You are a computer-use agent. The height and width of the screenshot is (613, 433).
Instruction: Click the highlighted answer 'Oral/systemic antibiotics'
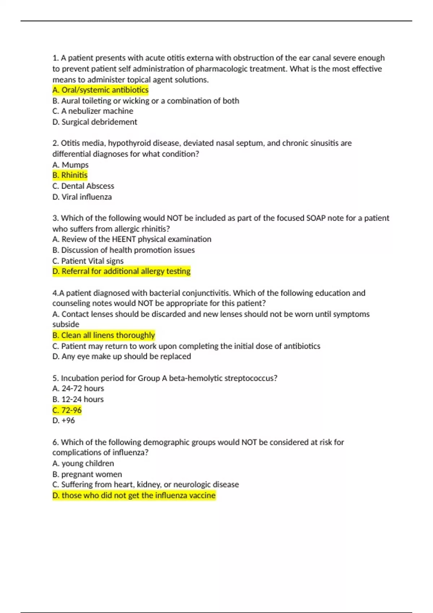(x=100, y=90)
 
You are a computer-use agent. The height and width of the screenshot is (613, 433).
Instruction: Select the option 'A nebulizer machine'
(x=93, y=111)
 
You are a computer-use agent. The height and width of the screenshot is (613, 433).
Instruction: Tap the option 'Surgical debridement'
(x=95, y=122)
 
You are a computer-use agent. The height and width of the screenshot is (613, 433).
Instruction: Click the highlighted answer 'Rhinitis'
(x=70, y=175)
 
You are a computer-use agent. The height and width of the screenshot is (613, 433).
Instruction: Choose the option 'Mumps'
(x=70, y=165)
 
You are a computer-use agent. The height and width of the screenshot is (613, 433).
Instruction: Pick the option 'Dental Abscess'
(x=83, y=186)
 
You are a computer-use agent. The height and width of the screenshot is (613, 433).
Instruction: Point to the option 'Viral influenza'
(x=82, y=197)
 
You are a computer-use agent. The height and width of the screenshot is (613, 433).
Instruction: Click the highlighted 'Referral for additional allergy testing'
(x=121, y=271)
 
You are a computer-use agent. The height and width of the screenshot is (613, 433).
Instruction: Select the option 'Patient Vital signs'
(x=88, y=261)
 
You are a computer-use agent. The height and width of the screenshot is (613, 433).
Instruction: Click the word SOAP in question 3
(x=316, y=218)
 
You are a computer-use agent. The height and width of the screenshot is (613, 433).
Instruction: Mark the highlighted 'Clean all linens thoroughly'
(x=104, y=335)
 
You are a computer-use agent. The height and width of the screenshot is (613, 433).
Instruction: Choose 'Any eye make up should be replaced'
(x=122, y=356)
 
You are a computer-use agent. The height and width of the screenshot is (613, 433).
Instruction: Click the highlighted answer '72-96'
(x=67, y=410)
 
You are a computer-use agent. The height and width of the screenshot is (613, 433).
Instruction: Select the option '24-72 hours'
(x=78, y=388)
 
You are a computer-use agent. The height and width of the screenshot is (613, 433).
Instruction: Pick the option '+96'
(x=64, y=420)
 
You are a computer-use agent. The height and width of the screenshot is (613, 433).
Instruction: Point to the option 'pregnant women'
(x=87, y=474)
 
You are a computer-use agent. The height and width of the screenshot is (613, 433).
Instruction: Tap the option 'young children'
(x=83, y=463)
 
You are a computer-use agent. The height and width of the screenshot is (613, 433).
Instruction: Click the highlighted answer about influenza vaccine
(x=134, y=495)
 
